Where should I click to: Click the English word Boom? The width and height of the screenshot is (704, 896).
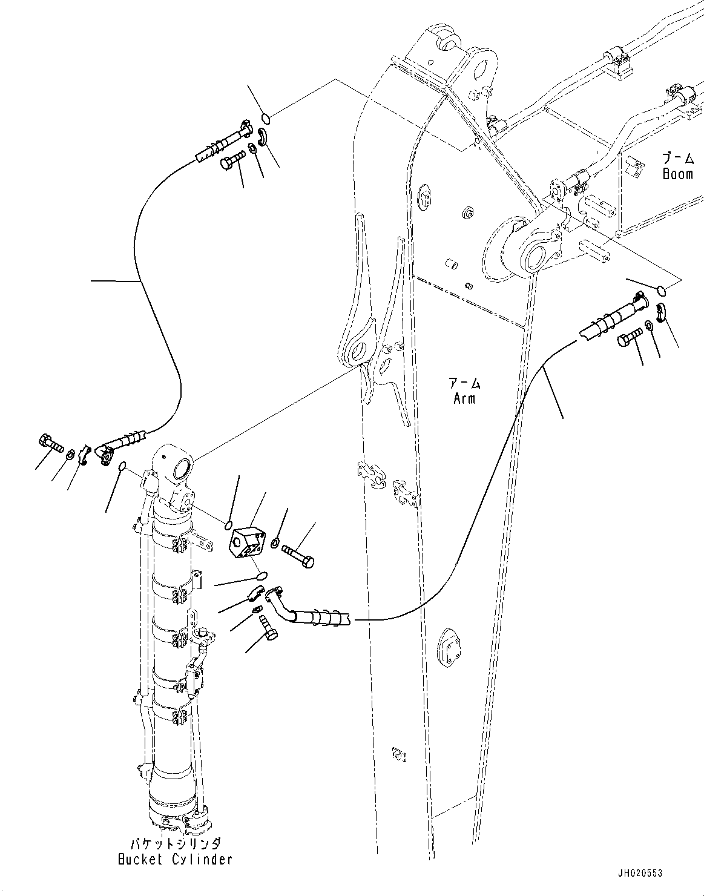click(677, 174)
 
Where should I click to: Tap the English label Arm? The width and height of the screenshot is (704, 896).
click(465, 398)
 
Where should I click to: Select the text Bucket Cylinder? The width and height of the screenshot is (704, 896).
click(174, 859)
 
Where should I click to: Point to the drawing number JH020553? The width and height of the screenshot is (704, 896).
click(640, 874)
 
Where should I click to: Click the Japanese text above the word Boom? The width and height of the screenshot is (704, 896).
click(677, 159)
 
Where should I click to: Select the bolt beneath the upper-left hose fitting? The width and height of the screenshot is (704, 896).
click(232, 161)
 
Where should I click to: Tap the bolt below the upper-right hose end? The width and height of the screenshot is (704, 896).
click(629, 337)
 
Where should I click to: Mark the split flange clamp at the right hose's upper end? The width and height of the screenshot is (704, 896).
click(662, 312)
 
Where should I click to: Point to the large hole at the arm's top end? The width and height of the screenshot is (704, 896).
click(482, 67)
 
